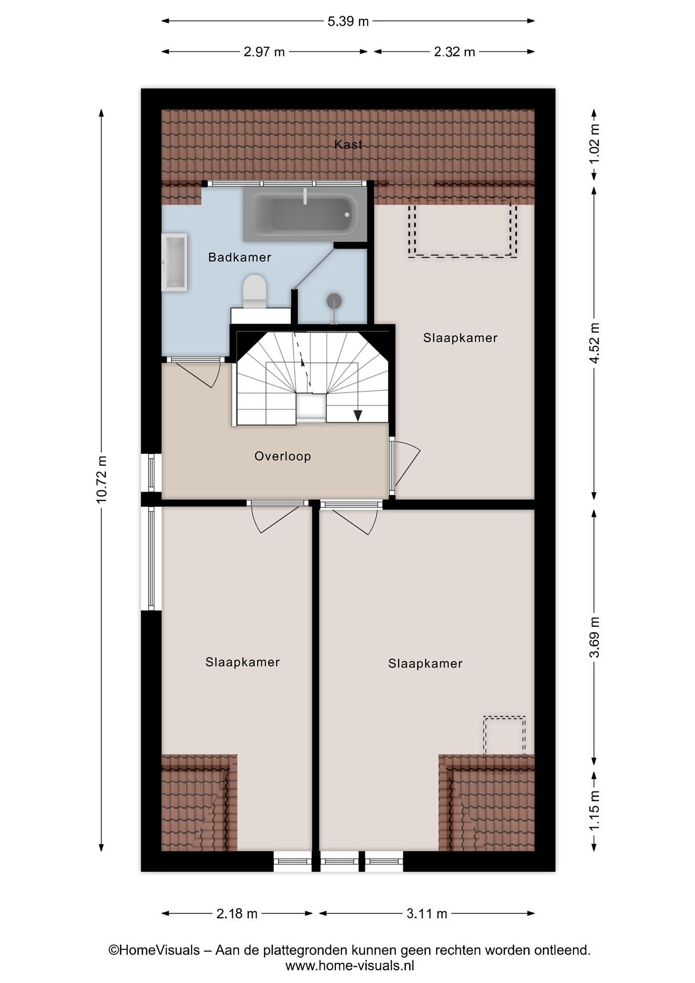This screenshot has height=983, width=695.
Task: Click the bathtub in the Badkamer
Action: click(305, 214)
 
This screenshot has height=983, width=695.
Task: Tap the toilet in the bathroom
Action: click(255, 291)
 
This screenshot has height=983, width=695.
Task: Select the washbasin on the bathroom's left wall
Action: click(175, 262)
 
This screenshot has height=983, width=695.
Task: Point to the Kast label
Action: click(348, 145)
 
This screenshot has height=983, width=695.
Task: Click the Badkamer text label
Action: click(240, 257)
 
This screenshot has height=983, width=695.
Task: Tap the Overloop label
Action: click(283, 456)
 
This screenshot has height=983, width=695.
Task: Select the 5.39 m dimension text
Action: click(348, 22)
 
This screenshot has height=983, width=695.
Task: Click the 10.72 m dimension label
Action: click(102, 480)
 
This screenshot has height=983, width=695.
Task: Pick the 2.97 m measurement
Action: click(264, 52)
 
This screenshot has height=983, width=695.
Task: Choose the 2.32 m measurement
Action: click(454, 52)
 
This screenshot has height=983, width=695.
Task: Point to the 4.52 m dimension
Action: click(594, 343)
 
